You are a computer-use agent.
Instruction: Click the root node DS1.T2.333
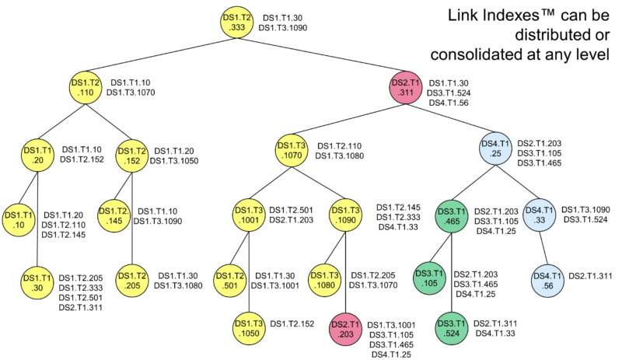pyautogui.click(x=238, y=21)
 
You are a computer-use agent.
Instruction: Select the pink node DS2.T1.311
pyautogui.click(x=407, y=87)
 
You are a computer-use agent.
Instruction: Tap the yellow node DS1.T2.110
pyautogui.click(x=86, y=87)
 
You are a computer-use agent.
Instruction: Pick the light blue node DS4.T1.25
pyautogui.click(x=494, y=149)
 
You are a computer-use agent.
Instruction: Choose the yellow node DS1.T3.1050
pyautogui.click(x=248, y=329)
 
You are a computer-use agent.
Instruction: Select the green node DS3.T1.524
pyautogui.click(x=453, y=329)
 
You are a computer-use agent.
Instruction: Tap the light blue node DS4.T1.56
pyautogui.click(x=546, y=281)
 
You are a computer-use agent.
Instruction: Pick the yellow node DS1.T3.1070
pyautogui.click(x=292, y=149)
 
